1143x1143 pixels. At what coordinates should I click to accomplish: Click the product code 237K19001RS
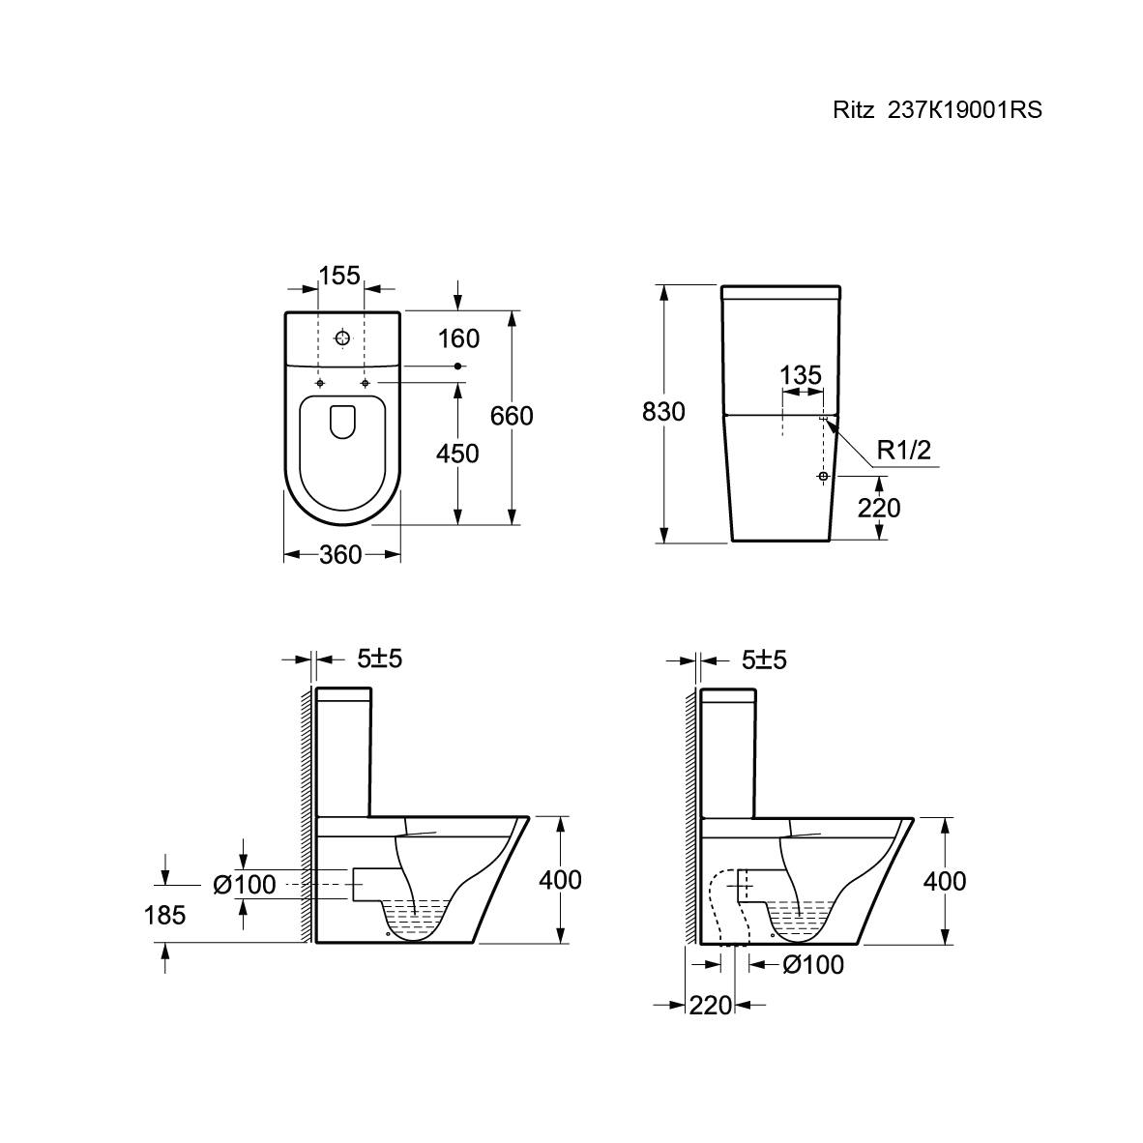click(964, 110)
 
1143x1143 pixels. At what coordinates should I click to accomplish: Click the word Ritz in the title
click(854, 110)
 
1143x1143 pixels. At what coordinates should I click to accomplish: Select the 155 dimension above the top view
click(339, 276)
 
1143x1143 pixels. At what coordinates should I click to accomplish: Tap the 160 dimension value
click(458, 339)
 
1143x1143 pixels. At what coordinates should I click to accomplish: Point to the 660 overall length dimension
click(512, 416)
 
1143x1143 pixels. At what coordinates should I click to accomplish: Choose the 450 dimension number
click(457, 454)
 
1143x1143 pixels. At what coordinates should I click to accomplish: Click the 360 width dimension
click(340, 555)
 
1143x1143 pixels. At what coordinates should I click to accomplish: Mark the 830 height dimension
click(663, 412)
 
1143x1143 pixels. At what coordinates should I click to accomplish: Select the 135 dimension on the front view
click(801, 375)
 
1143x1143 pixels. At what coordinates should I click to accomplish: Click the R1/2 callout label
click(904, 451)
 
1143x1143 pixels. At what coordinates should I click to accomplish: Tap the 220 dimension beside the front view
click(878, 508)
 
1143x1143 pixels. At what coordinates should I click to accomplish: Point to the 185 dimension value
click(164, 915)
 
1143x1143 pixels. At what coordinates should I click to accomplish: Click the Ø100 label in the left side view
click(245, 885)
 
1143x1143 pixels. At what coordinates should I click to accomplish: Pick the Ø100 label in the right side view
click(813, 965)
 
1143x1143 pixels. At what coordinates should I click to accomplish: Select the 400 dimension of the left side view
click(561, 881)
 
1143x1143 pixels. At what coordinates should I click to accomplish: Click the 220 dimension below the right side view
click(711, 1006)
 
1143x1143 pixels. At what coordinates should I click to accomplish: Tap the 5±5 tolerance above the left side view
click(380, 659)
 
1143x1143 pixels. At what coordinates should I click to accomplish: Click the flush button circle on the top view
click(342, 338)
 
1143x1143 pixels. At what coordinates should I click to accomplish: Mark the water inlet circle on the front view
click(823, 476)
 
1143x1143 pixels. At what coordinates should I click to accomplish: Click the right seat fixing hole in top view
click(366, 384)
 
